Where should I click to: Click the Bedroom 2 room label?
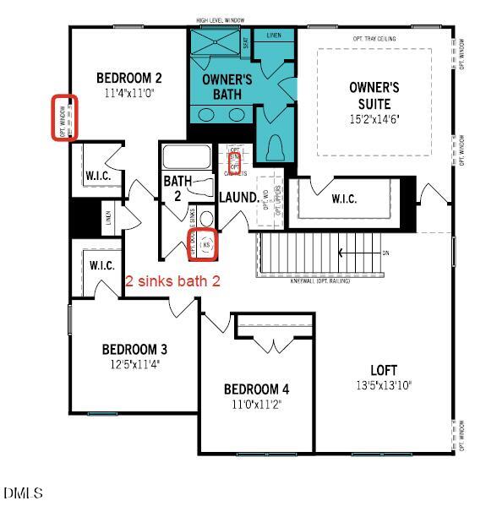(x=128, y=78)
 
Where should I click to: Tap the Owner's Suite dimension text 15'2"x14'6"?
(x=374, y=118)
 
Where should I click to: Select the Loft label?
(x=384, y=369)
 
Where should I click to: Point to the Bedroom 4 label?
(x=256, y=389)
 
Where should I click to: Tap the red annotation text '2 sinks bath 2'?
(x=173, y=281)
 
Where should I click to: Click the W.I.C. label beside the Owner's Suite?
(x=343, y=199)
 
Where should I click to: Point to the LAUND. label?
(x=239, y=197)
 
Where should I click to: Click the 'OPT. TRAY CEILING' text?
(x=374, y=38)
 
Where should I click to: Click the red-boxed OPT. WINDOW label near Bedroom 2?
(x=63, y=118)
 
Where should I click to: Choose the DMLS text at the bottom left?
(x=23, y=493)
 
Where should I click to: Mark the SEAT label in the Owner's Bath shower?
(x=246, y=45)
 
